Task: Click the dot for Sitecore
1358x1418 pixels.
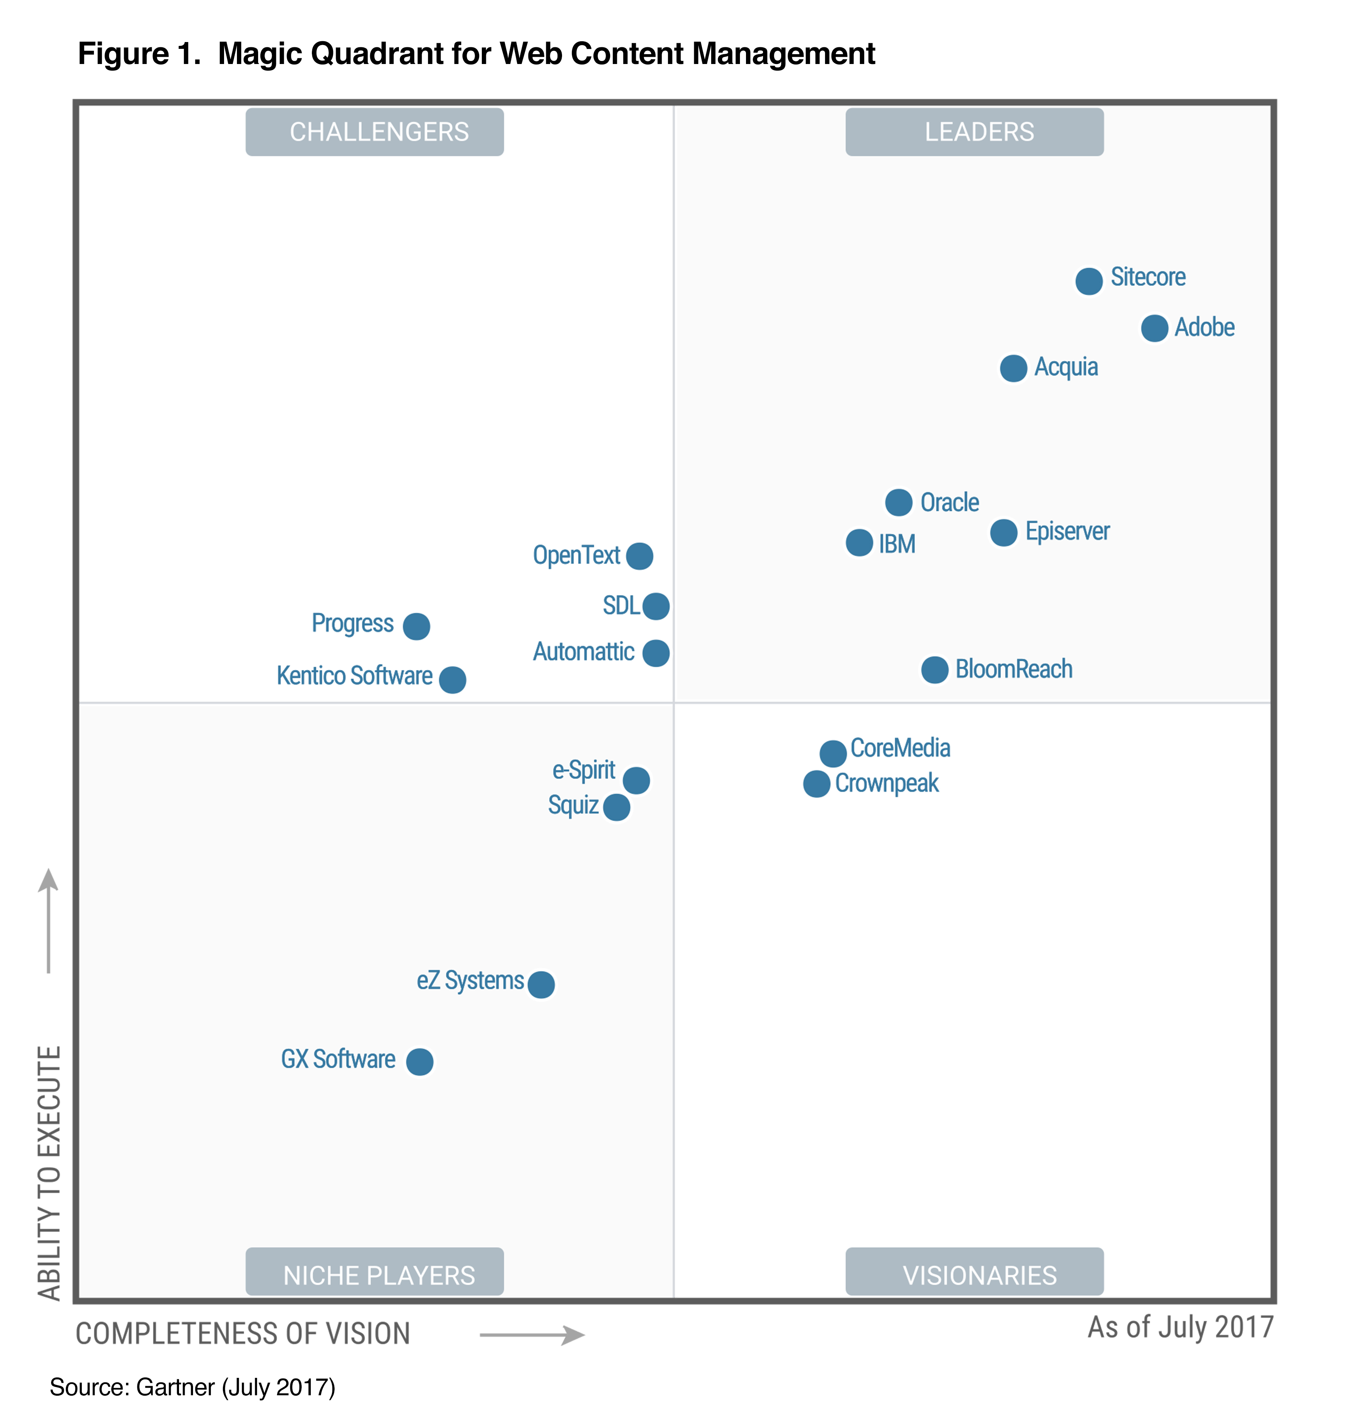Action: coord(1088,281)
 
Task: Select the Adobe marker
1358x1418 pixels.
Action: coord(1154,328)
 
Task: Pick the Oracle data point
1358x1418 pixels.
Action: coord(898,502)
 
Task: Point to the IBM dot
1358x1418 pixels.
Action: coord(859,543)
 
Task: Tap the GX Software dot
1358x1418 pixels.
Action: coord(419,1061)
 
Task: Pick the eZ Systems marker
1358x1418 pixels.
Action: coord(541,984)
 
